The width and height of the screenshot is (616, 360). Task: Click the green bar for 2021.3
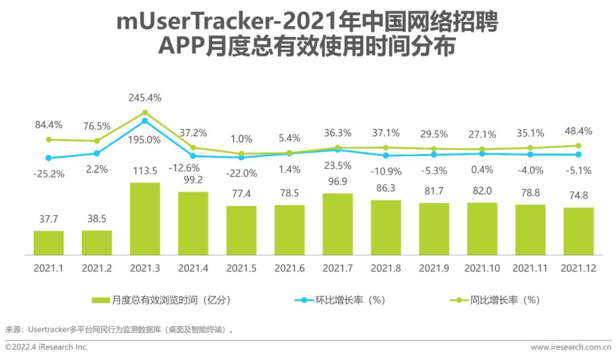click(145, 219)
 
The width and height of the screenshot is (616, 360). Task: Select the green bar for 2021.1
click(48, 243)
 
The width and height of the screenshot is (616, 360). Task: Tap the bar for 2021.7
click(338, 224)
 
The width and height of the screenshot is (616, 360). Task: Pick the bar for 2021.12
click(578, 231)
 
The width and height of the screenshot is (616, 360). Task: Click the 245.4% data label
click(145, 98)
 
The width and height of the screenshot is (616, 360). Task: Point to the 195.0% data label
click(145, 140)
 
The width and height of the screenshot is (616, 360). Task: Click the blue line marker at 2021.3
click(145, 121)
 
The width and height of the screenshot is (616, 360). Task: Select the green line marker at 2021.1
click(48, 139)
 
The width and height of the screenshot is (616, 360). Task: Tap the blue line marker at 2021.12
click(578, 154)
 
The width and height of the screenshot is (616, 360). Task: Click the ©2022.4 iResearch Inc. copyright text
click(47, 347)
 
